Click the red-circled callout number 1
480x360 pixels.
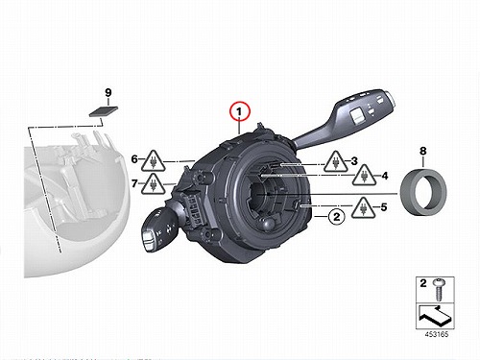(239, 112)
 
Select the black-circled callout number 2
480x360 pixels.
(336, 217)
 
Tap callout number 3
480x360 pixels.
(354, 161)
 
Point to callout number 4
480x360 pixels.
(385, 176)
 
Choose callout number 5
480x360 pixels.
(384, 207)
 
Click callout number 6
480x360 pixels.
(134, 159)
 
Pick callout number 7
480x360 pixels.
(134, 183)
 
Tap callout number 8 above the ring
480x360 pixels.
(423, 151)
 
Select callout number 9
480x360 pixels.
(108, 93)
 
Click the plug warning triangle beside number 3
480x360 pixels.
(336, 162)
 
